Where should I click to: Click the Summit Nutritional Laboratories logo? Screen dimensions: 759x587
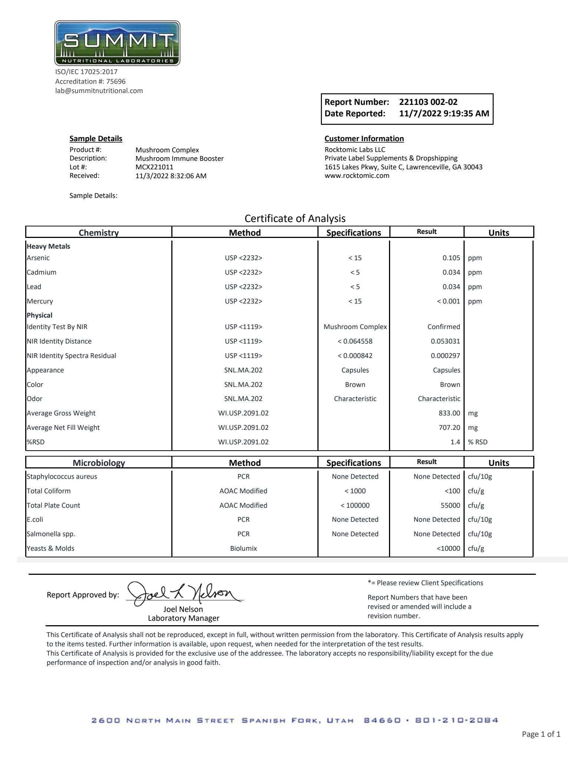pyautogui.click(x=117, y=43)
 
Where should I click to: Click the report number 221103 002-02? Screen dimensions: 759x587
pyautogui.click(x=428, y=102)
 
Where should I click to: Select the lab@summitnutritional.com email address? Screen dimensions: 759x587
pyautogui.click(x=99, y=91)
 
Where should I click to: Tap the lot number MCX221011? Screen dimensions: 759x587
pyautogui.click(x=154, y=167)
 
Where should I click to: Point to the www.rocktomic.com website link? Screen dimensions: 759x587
pyautogui.click(x=357, y=176)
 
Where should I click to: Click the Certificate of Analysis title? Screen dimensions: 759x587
pyautogui.click(x=295, y=219)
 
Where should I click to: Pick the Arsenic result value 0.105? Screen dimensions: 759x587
pyautogui.click(x=451, y=258)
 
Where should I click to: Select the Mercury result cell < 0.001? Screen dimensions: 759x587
pyautogui.click(x=448, y=301)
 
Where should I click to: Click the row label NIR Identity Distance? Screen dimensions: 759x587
pyautogui.click(x=59, y=341)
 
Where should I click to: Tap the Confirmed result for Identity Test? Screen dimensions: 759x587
pyautogui.click(x=443, y=327)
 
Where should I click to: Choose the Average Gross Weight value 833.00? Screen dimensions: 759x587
pyautogui.click(x=449, y=413)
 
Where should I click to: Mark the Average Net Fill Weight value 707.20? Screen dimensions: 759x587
pyautogui.click(x=449, y=428)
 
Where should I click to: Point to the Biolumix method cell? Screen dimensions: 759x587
pyautogui.click(x=243, y=548)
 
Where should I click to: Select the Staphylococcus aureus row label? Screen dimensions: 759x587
pyautogui.click(x=62, y=477)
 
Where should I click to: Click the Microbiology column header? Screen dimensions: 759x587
pyautogui.click(x=99, y=463)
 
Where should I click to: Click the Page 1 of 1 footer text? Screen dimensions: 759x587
pyautogui.click(x=541, y=734)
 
